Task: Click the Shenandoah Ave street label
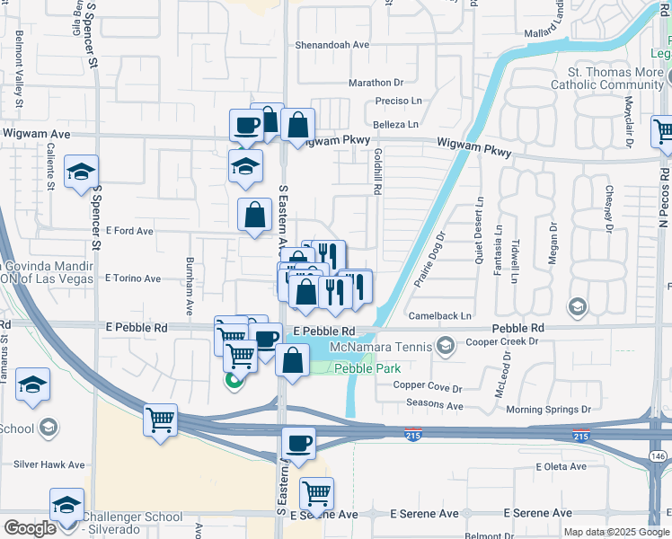[x=332, y=44]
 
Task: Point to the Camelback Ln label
[x=441, y=316]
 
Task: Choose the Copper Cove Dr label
[x=428, y=388]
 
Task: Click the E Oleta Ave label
[x=561, y=467]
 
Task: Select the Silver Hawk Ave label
[x=49, y=465]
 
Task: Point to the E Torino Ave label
[x=132, y=278]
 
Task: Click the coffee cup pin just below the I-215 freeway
[x=298, y=443]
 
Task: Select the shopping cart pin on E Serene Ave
[x=316, y=492]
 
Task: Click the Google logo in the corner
[x=29, y=528]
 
